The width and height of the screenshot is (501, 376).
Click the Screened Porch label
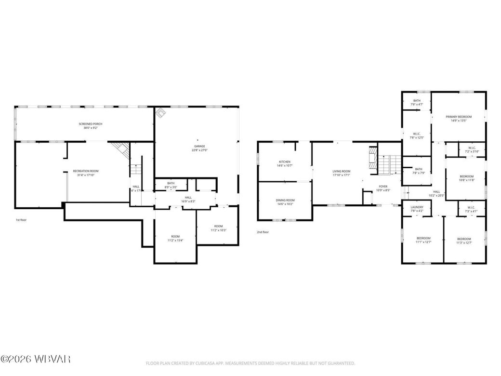point(91,124)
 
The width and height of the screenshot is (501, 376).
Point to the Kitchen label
point(285,161)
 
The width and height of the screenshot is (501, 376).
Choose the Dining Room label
point(285,200)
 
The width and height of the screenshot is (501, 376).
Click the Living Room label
point(341,171)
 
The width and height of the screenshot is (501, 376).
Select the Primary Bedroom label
point(458,117)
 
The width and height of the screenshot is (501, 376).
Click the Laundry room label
point(417,207)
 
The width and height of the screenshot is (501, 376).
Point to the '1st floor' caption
point(21,220)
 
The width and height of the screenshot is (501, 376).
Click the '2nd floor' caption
point(263,232)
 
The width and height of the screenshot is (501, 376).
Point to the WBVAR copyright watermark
point(36,359)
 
